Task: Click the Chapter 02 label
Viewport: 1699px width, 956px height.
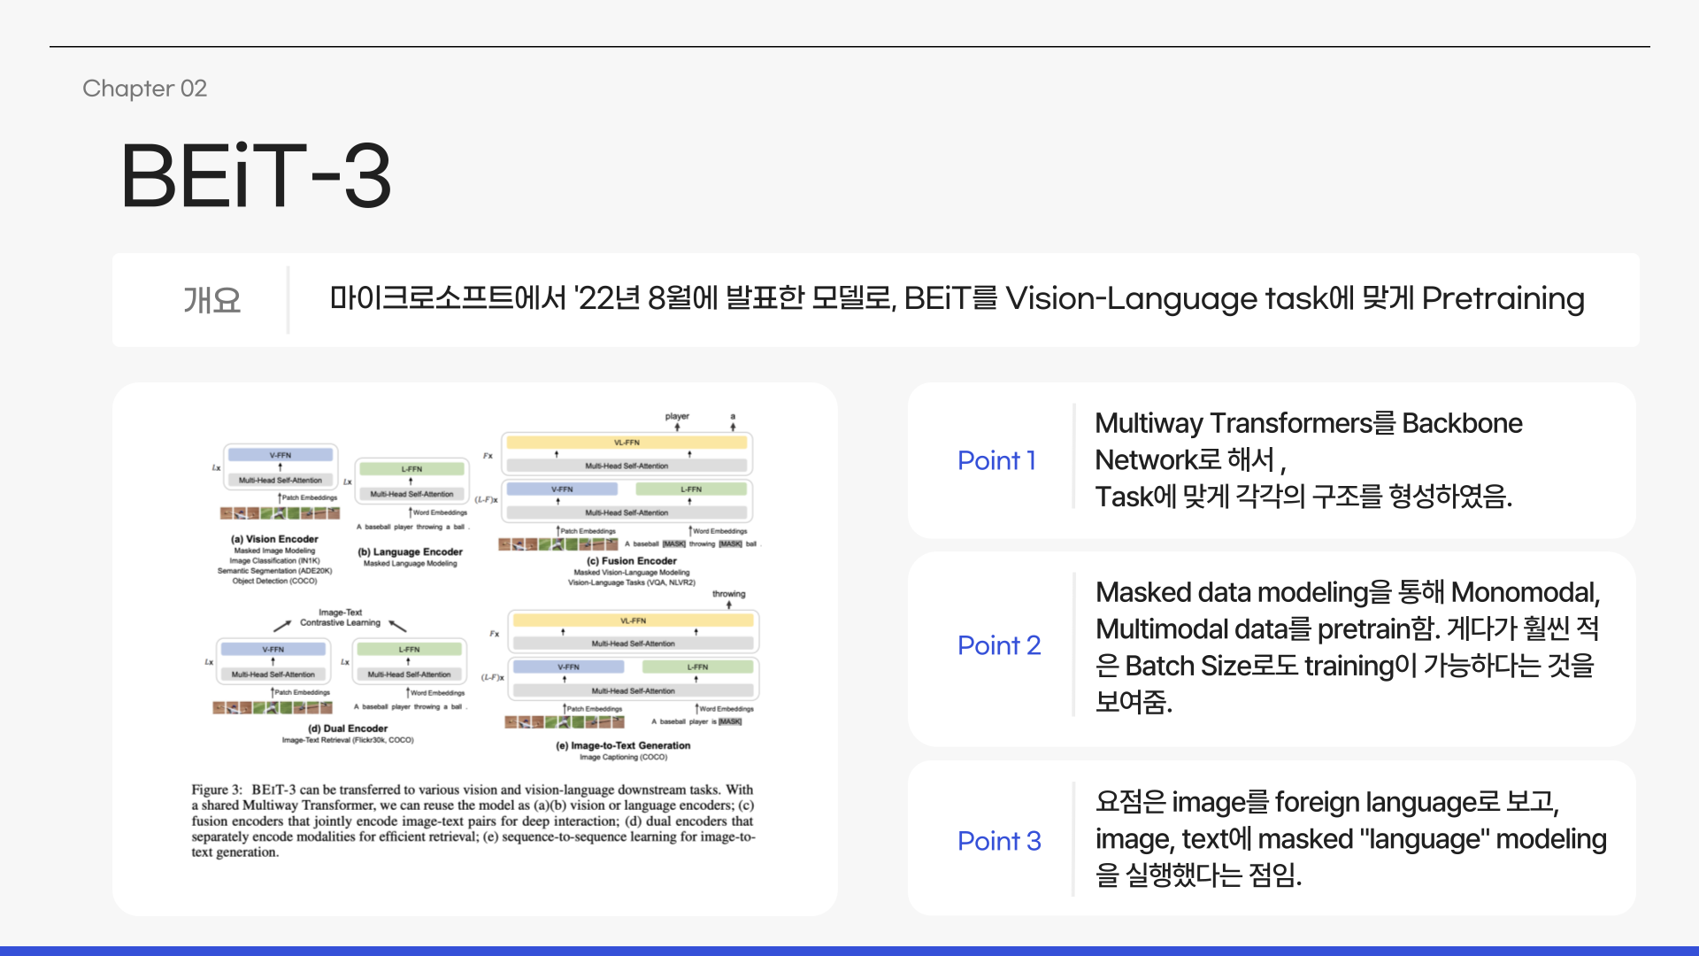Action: [144, 89]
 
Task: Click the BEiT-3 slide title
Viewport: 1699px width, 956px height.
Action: [256, 176]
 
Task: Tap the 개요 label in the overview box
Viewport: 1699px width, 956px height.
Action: [211, 300]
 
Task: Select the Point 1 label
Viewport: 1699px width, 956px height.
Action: [996, 460]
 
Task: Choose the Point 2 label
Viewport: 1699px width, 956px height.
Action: [999, 645]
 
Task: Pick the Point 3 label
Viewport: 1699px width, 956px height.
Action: [999, 841]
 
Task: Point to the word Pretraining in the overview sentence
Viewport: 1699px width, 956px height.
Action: [1503, 299]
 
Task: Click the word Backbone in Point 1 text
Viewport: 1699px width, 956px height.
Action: [1462, 423]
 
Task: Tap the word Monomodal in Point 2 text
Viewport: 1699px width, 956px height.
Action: [1524, 592]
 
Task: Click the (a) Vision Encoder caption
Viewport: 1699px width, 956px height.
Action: [274, 539]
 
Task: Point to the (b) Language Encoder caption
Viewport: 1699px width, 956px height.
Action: [410, 552]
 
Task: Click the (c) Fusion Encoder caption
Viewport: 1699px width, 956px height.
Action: [631, 561]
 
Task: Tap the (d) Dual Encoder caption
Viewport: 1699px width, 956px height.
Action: [347, 729]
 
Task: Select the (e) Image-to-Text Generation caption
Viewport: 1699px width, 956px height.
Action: [623, 745]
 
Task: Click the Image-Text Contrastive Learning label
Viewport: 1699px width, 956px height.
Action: [340, 618]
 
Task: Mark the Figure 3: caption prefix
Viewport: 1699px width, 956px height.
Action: [217, 790]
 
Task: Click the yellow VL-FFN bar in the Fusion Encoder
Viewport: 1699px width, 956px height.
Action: [627, 443]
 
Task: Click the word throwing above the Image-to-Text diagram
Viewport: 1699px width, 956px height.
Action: [728, 594]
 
